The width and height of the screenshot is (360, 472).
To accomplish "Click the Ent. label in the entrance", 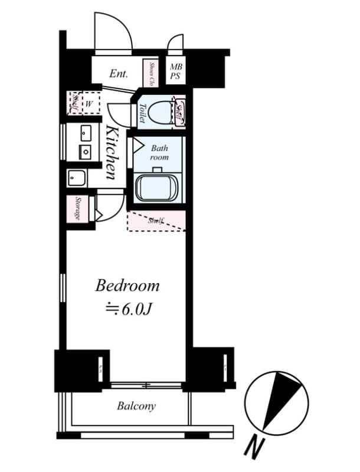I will tap(119, 74).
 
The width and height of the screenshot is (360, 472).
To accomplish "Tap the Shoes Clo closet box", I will tap(152, 73).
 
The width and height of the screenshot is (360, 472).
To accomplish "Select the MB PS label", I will tap(176, 72).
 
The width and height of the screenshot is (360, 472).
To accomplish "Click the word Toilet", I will tap(143, 113).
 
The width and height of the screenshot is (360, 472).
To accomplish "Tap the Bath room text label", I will tap(159, 153).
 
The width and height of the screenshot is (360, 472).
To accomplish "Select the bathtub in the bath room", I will tap(158, 188).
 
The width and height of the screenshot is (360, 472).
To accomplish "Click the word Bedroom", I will tap(127, 286).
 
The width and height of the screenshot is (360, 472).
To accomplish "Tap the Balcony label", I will tap(136, 406).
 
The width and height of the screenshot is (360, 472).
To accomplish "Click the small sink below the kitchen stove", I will tap(76, 177).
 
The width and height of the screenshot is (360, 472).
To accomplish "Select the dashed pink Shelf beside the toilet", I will tap(180, 112).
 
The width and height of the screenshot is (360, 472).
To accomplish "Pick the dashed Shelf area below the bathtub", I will tap(157, 221).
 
